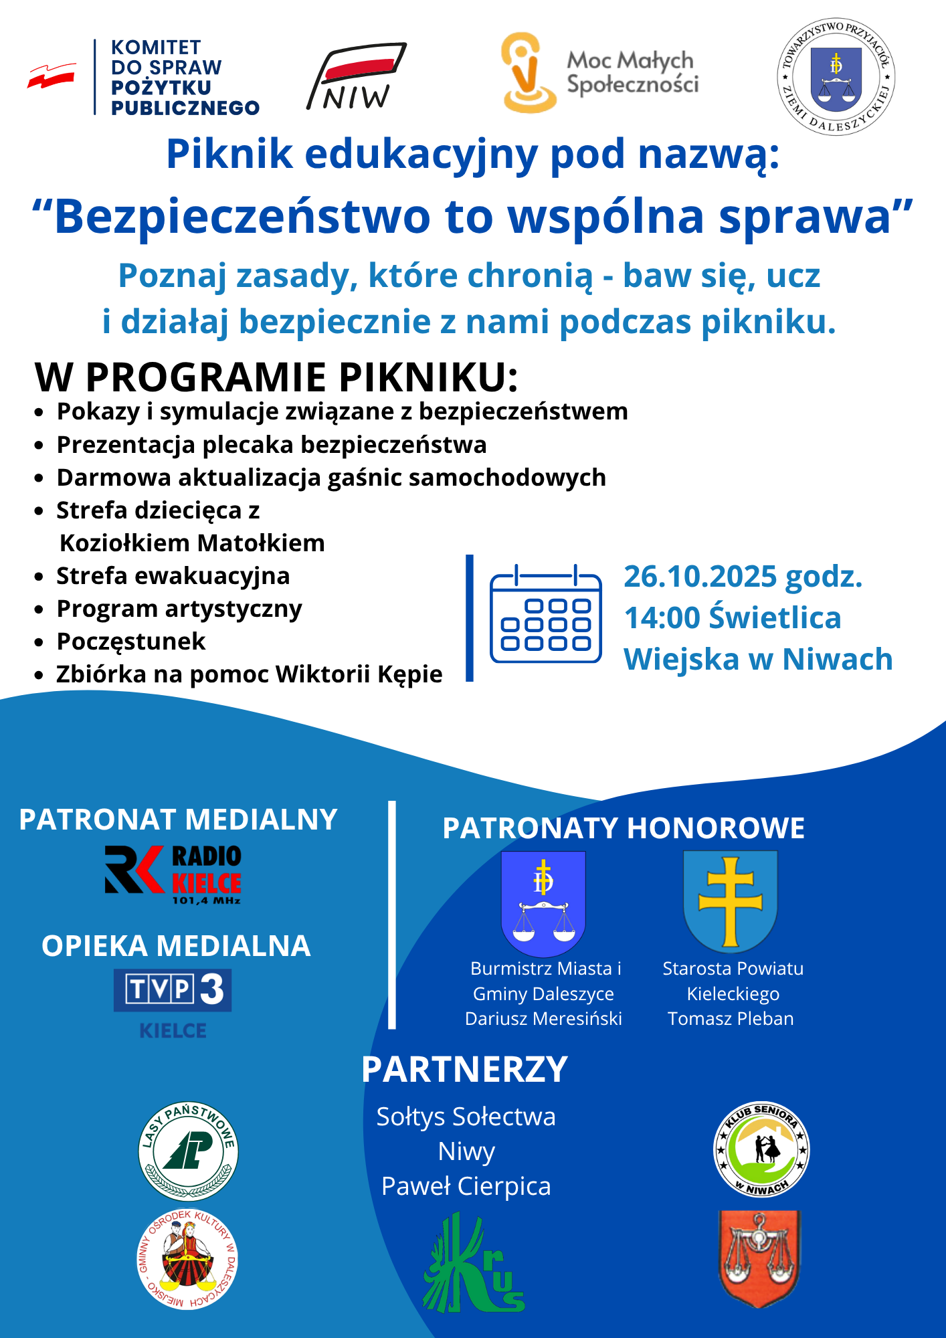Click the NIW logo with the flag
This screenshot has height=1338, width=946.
pos(357,77)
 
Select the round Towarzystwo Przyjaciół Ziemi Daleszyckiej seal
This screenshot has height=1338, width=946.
pos(836,76)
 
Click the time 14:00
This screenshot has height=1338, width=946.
pos(662,618)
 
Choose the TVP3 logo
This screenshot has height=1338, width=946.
pos(173,990)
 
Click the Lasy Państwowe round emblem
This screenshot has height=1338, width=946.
pos(189,1151)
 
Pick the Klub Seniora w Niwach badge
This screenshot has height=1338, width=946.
pos(761,1149)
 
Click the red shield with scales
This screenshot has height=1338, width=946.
pos(759,1258)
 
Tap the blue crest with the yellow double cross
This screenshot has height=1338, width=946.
pos(731,900)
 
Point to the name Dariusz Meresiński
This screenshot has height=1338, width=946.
pos(543,1019)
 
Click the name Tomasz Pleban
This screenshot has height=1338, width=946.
pos(731,1019)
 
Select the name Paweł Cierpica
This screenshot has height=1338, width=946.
pos(466,1186)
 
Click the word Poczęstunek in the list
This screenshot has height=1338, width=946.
pos(131,642)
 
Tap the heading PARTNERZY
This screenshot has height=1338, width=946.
pos(464,1070)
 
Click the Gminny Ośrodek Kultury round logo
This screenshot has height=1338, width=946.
pos(187,1259)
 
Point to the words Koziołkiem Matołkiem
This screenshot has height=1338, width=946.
pos(192,543)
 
